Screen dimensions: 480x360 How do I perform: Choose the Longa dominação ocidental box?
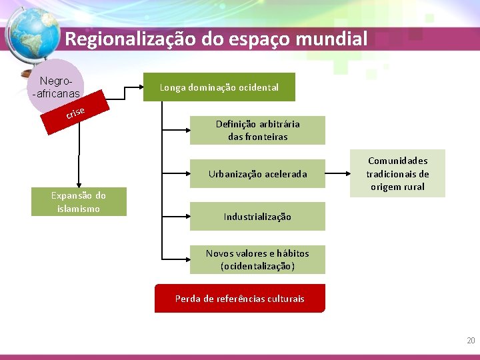pos(219,87)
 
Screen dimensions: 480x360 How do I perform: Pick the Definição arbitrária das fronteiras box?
pos(257,130)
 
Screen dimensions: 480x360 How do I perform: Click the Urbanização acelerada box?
pos(257,174)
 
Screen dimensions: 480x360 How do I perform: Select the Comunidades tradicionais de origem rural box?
pos(397,173)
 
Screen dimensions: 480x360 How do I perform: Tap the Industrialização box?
pos(257,217)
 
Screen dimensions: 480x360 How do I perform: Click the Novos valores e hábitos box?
pos(257,259)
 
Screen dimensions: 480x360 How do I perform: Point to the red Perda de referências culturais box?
pos(239,299)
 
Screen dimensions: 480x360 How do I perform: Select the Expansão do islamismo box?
pos(79,202)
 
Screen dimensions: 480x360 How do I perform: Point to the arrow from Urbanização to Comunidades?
pos(338,174)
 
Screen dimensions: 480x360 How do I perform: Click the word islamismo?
pos(79,209)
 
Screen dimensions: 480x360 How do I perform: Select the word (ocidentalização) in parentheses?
pos(257,266)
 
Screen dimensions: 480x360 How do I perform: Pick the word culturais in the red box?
pos(285,299)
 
